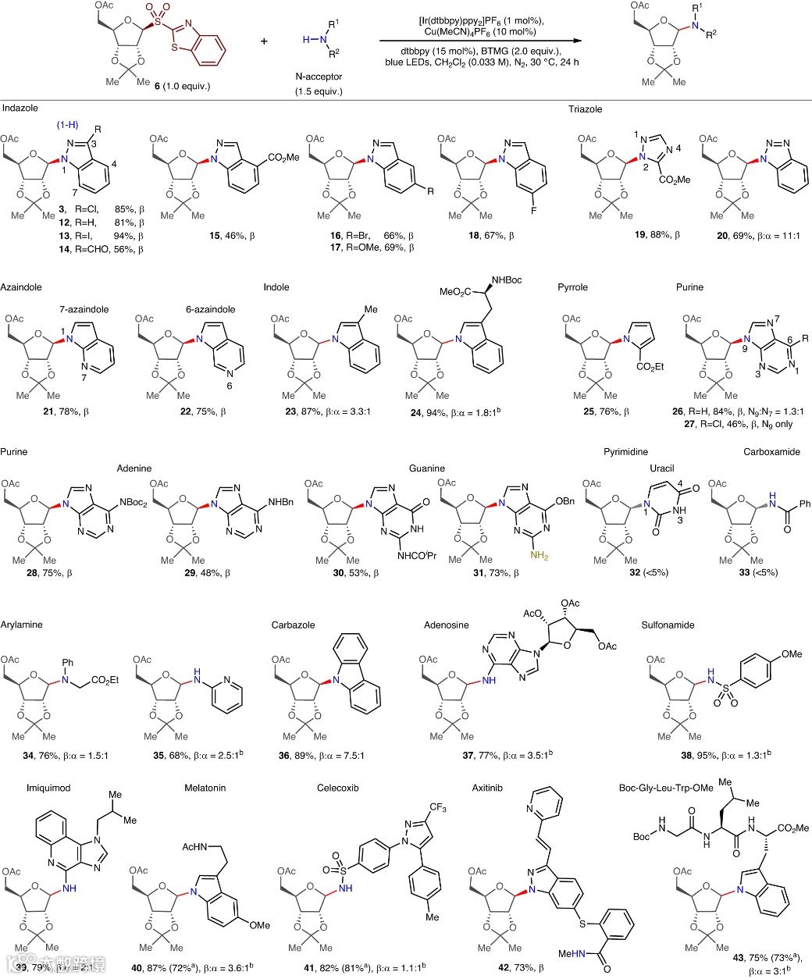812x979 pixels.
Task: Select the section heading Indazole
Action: (x=21, y=109)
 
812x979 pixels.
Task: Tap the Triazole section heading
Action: (x=586, y=109)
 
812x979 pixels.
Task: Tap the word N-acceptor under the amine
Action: (x=319, y=77)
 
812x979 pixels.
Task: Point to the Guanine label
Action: (x=427, y=468)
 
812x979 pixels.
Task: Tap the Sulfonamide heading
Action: (x=668, y=625)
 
